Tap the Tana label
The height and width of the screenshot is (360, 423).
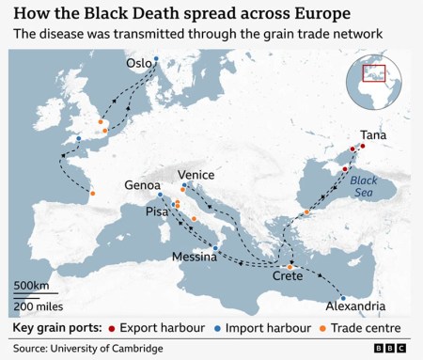click(x=374, y=135)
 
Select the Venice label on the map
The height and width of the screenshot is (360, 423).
click(x=196, y=175)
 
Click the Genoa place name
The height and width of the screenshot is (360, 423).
click(x=143, y=186)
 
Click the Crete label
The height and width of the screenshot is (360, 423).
click(x=288, y=277)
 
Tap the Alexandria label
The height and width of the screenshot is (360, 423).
click(x=354, y=306)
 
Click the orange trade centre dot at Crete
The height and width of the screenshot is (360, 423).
click(x=290, y=267)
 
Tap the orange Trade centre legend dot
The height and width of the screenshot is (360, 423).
click(x=324, y=328)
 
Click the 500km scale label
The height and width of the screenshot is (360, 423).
click(x=30, y=286)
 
